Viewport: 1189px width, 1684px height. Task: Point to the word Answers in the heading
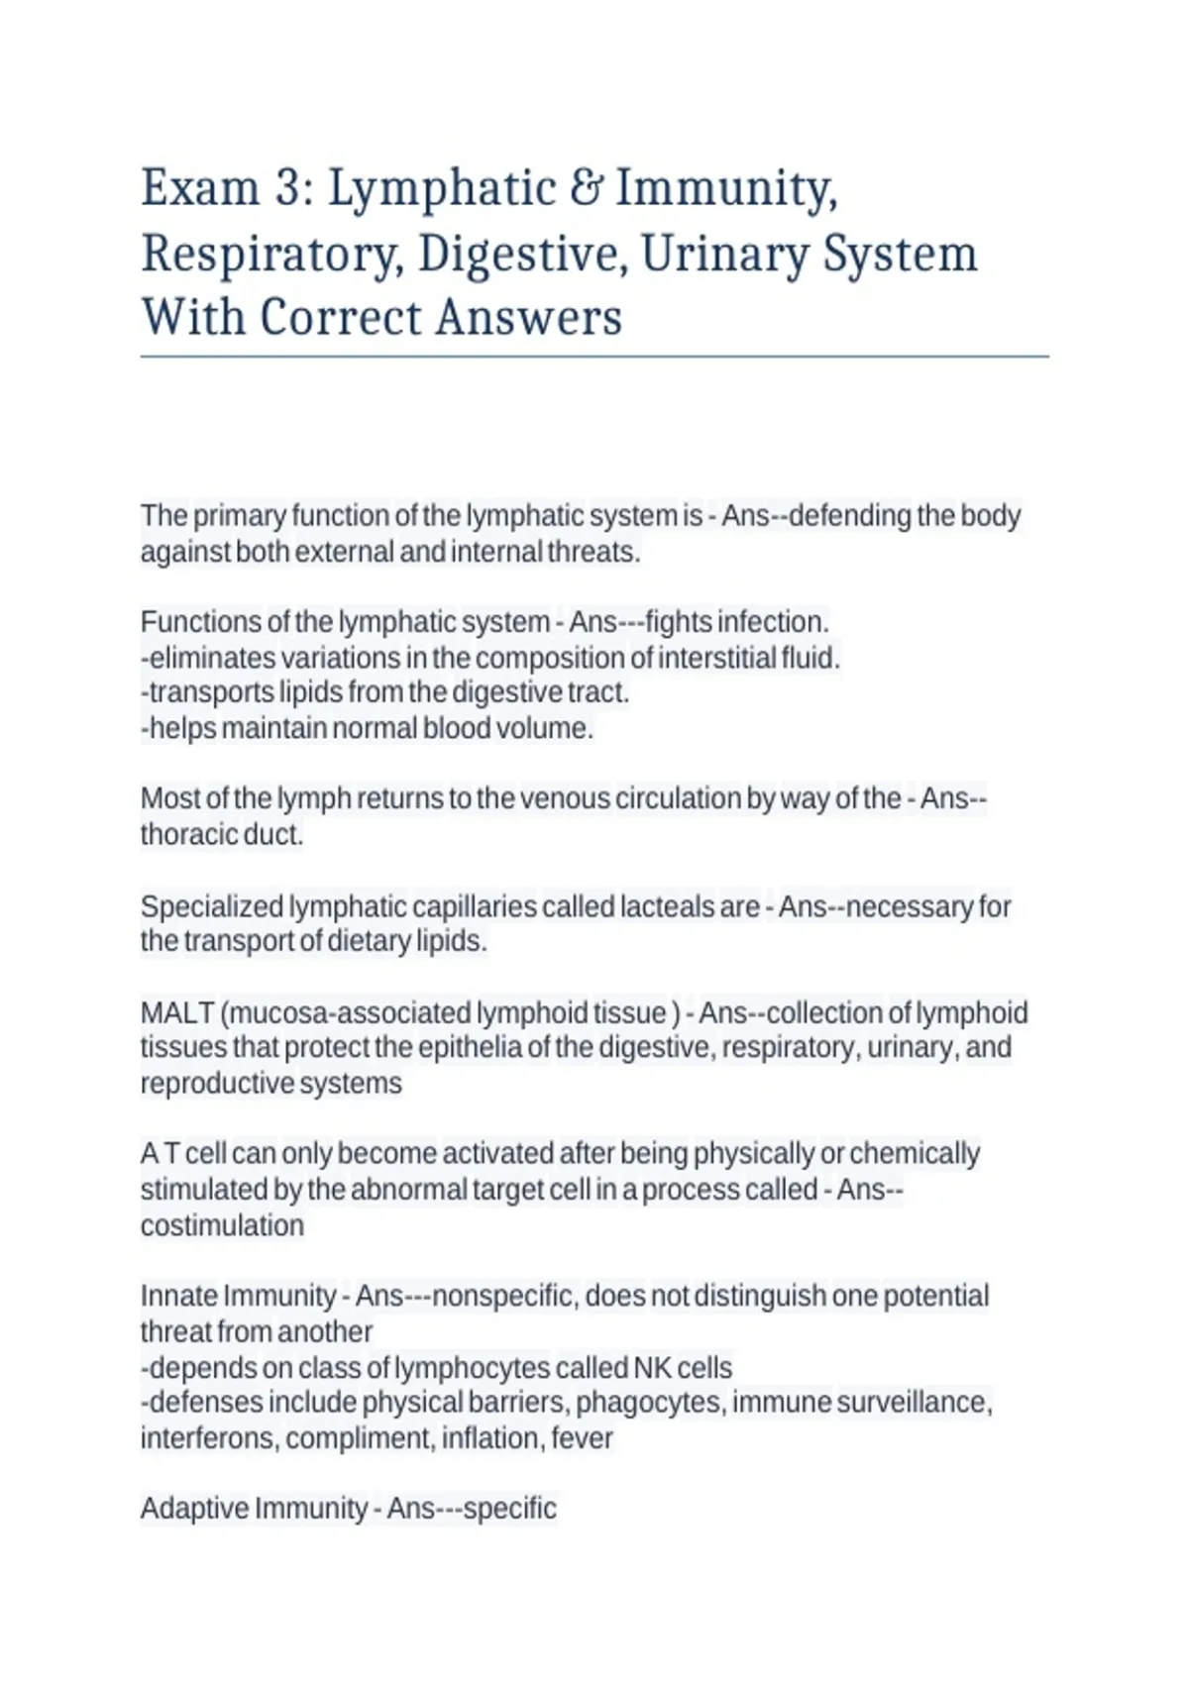[528, 317]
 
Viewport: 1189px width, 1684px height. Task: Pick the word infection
[773, 622]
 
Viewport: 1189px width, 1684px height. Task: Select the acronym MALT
[177, 1012]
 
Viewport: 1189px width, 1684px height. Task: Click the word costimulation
[222, 1225]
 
